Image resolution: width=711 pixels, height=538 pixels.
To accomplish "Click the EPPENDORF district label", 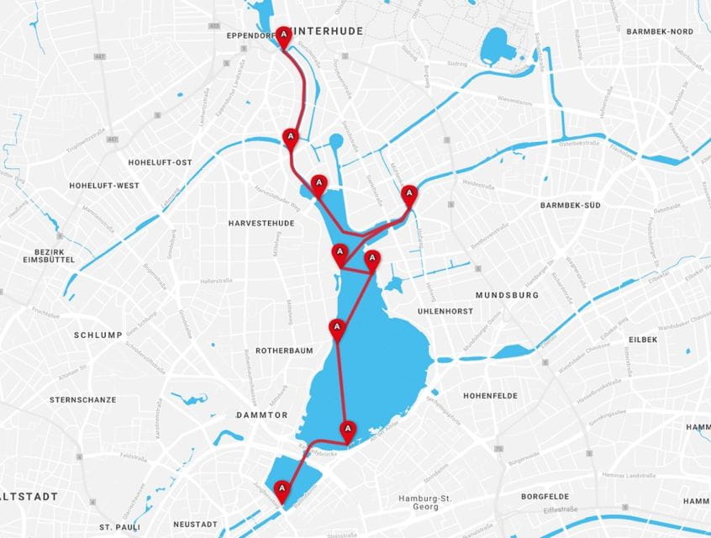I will pos(250,36).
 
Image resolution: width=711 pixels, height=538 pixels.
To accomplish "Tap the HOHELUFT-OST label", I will pos(161,162).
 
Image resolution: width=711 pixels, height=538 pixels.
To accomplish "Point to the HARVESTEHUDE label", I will pos(261,223).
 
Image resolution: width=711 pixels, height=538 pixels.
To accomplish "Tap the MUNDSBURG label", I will pos(506,295).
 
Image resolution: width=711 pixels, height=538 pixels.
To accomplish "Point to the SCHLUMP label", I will pos(97,335).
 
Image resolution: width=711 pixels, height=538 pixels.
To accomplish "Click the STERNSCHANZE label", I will pos(83,399).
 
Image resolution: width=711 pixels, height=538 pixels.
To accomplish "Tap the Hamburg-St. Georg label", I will pos(425,503).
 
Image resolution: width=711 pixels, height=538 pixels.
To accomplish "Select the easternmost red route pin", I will pos(409,195).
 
